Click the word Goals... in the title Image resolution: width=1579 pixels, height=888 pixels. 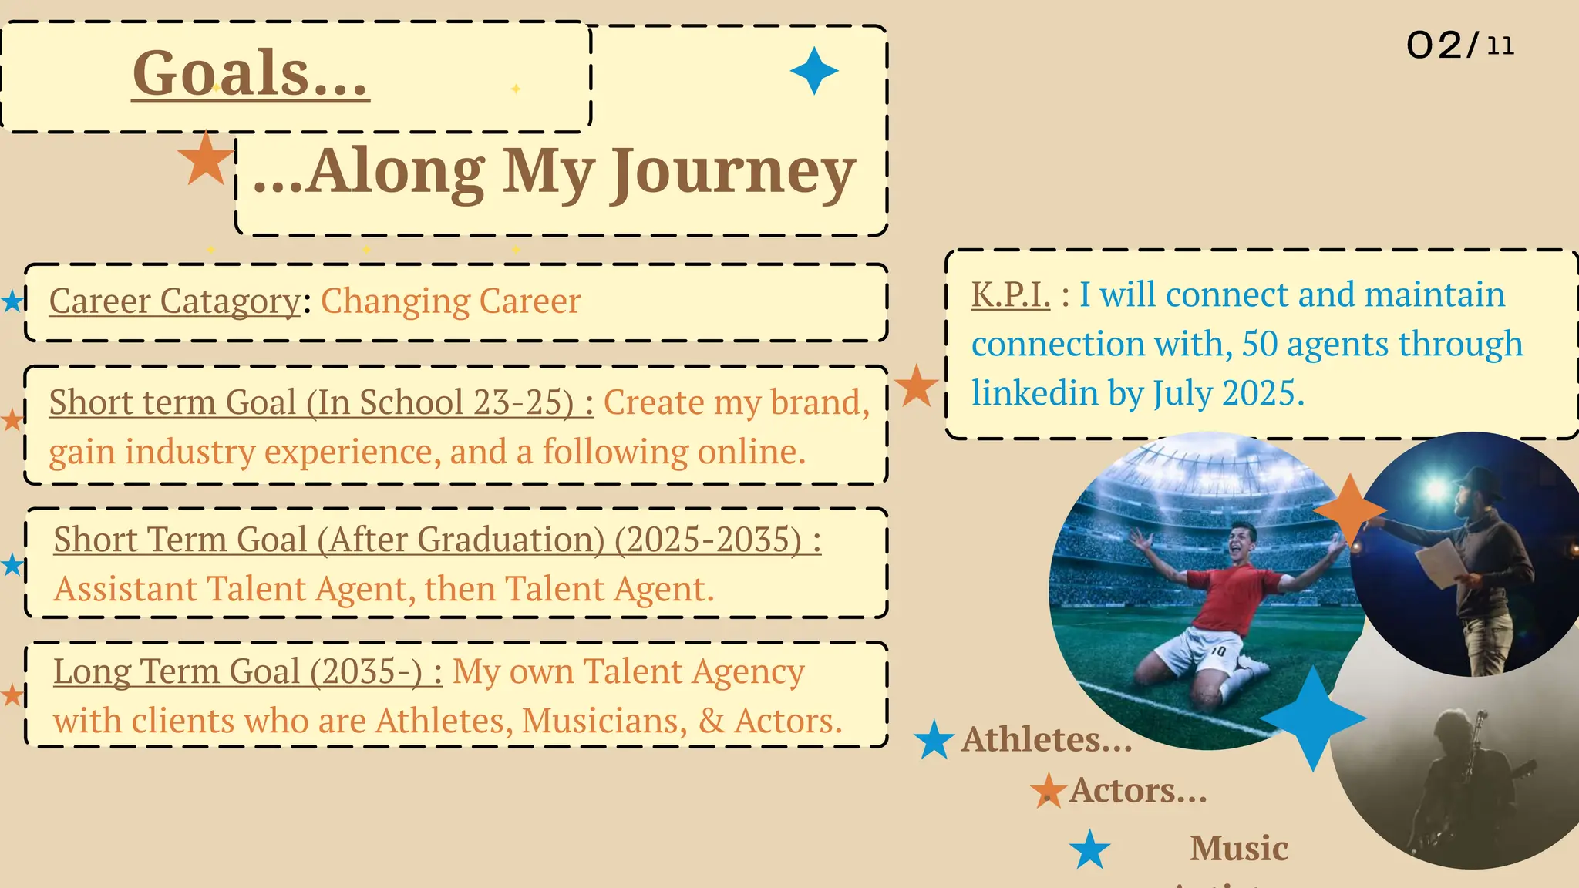coord(250,74)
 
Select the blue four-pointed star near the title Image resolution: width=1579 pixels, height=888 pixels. coord(814,71)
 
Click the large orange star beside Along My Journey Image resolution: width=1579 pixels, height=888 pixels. coord(206,158)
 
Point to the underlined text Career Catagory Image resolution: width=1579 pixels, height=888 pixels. coord(174,301)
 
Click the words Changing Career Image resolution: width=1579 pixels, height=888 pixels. coord(450,301)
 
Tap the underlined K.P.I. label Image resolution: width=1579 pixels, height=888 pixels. coord(1010,295)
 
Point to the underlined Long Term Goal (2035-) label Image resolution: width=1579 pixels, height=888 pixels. coord(247,672)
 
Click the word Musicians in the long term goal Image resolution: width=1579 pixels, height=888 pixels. coord(604,721)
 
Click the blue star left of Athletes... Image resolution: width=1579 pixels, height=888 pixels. coord(934,740)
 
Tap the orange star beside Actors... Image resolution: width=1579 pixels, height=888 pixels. coord(1049,791)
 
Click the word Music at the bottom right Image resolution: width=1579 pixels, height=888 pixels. coord(1238,849)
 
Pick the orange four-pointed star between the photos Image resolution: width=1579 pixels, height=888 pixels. coord(1349,510)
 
